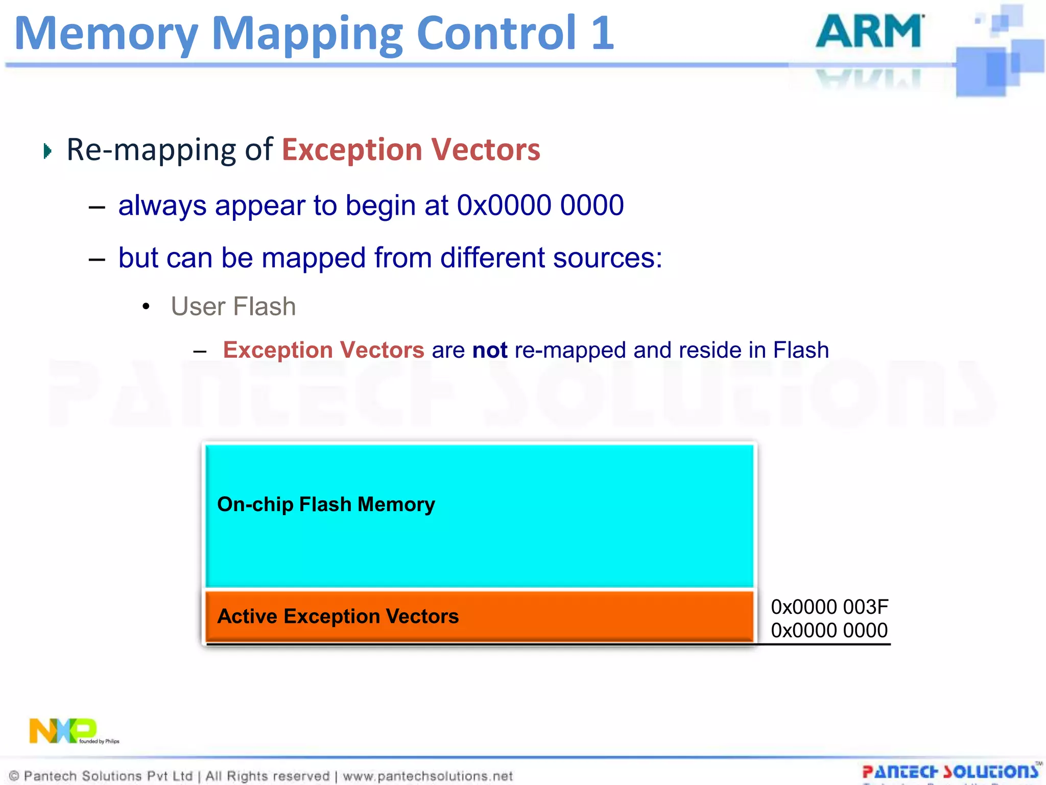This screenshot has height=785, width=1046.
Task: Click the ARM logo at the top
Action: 870,32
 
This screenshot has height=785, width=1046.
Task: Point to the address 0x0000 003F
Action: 829,607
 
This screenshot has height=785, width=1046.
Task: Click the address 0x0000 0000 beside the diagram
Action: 829,631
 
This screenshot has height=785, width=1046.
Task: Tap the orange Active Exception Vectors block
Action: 479,616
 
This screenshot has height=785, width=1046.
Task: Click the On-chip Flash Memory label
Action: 326,504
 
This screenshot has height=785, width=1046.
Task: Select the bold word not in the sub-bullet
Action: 489,351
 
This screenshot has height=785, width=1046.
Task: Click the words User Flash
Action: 233,307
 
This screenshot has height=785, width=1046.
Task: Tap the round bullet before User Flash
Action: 147,307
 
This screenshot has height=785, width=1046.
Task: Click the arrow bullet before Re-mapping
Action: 47,151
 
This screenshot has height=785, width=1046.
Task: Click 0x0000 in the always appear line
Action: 504,205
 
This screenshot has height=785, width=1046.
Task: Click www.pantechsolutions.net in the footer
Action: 427,776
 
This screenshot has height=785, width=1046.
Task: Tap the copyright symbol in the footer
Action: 14,776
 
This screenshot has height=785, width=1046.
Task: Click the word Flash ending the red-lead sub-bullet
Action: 801,351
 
